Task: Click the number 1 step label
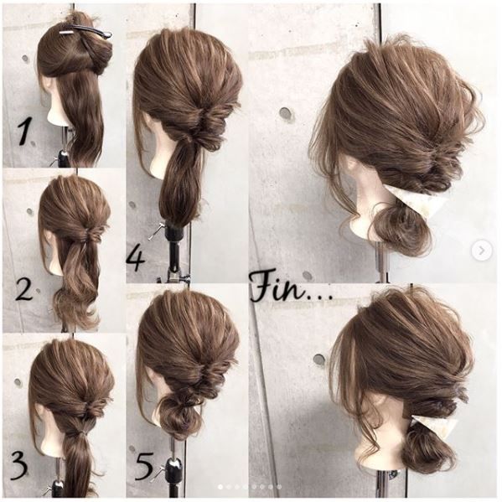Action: [23, 132]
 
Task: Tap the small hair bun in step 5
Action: [178, 413]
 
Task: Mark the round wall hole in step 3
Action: [18, 381]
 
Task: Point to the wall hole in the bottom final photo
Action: [319, 360]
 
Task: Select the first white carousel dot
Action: [220, 487]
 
